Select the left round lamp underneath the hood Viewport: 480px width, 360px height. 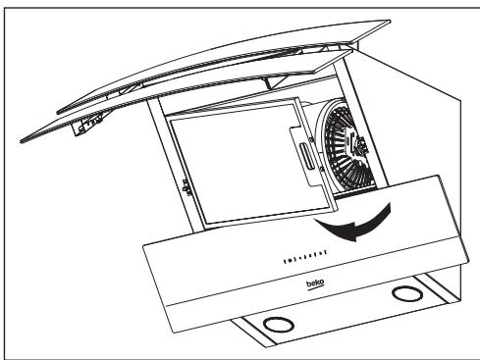point(279,322)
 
